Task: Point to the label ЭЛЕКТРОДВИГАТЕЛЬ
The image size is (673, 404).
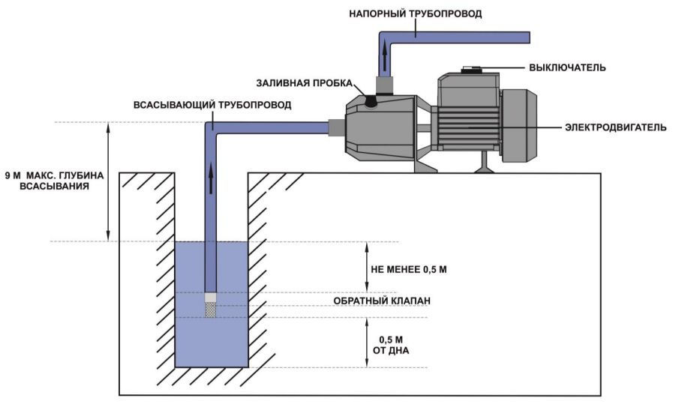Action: click(615, 127)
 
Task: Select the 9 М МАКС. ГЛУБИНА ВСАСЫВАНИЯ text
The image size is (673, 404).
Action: click(50, 181)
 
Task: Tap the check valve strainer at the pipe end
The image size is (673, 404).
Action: click(212, 307)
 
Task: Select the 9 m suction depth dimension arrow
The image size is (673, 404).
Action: click(109, 181)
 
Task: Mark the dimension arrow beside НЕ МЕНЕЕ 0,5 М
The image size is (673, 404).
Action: click(367, 267)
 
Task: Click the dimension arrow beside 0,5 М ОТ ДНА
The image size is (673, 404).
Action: click(367, 343)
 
